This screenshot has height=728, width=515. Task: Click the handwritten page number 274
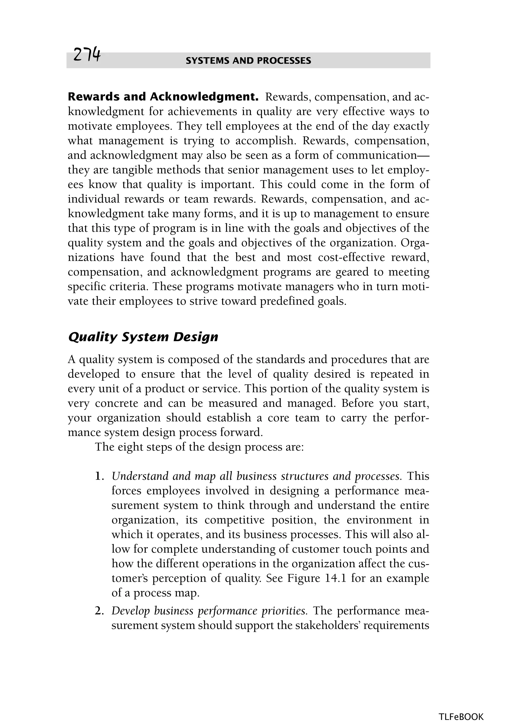click(x=87, y=55)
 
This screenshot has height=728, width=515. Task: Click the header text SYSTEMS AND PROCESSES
click(x=248, y=61)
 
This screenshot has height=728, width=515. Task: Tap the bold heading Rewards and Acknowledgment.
click(x=163, y=97)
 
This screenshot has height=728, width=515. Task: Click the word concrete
click(x=117, y=403)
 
